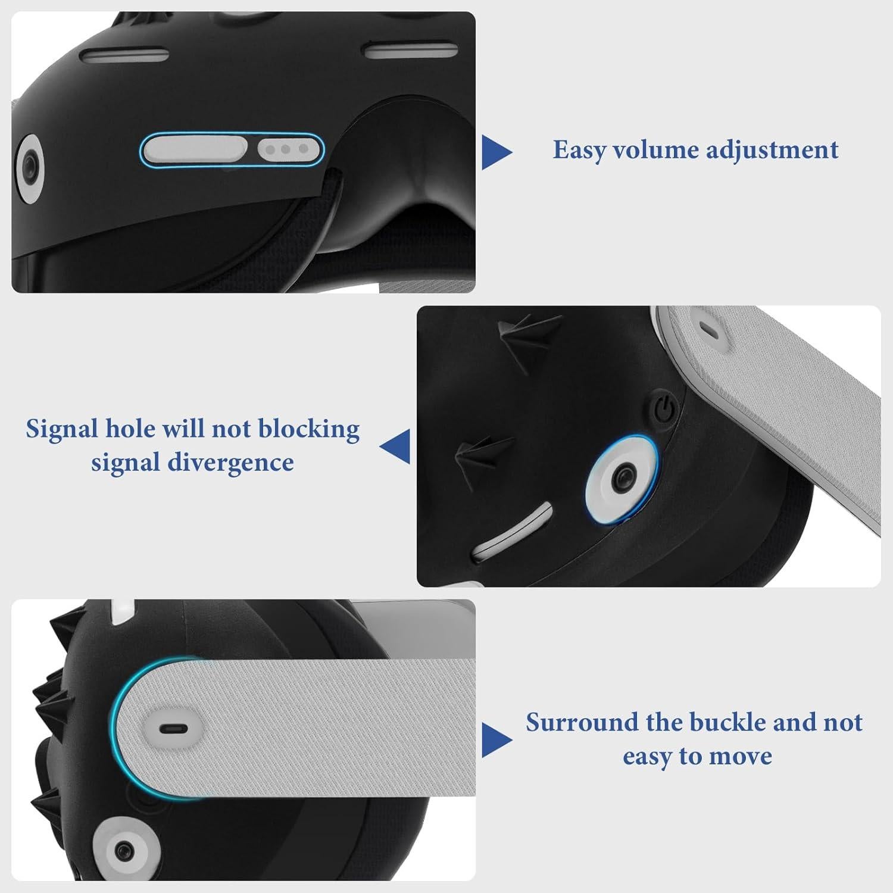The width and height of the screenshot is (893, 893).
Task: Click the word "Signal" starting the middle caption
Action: point(61,429)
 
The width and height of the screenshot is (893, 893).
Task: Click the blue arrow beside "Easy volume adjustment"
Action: point(496,152)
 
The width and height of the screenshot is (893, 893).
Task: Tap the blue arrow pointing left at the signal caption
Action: point(395,446)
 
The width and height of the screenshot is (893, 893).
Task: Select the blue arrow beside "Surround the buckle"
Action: point(496,740)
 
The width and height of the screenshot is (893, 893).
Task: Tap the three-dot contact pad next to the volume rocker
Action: point(288,149)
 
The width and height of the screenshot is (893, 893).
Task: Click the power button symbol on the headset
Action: point(665,409)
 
